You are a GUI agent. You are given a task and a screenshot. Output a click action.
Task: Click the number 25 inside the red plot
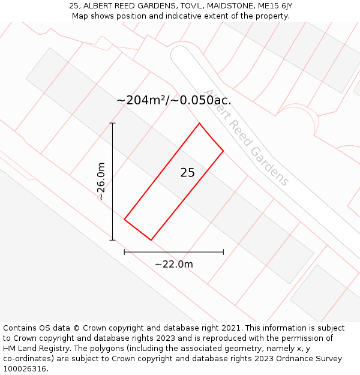coord(187,173)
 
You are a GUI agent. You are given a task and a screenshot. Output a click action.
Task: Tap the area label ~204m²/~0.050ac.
coord(173,100)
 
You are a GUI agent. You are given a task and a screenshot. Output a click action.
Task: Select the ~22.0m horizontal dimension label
coord(173,264)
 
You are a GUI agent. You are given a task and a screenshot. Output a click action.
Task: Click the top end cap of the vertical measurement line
coord(112,123)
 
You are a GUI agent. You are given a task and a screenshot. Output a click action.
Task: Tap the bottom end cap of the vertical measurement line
coord(112,240)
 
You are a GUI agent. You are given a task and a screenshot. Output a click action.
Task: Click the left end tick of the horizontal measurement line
coord(124,252)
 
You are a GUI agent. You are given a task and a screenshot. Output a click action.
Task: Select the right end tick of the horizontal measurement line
coord(223,252)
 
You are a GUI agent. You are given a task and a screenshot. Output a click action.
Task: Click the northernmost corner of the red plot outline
coord(199,124)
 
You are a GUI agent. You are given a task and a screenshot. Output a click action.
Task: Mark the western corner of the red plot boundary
coord(124,219)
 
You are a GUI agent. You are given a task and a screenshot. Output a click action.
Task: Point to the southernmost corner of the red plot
coord(151,240)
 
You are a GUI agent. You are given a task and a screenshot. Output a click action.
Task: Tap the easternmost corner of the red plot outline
coord(223,151)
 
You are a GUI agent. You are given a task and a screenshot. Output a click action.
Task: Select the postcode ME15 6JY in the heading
coord(274,6)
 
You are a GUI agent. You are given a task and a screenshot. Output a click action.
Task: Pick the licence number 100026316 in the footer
coord(24,369)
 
